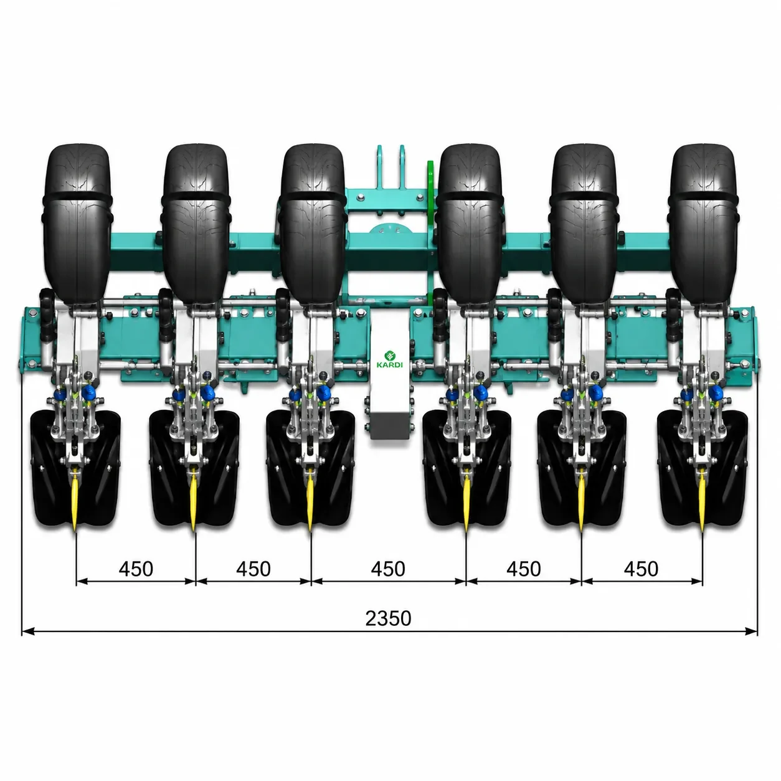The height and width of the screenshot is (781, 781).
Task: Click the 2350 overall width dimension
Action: click(388, 618)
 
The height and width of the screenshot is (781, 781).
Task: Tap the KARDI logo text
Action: click(390, 365)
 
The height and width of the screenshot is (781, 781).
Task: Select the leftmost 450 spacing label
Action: click(136, 569)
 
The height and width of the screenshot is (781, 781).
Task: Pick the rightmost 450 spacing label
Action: click(641, 569)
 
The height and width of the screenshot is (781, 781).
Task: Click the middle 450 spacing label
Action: click(388, 569)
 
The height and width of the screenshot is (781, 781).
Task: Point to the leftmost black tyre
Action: click(77, 224)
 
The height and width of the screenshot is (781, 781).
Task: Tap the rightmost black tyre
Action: click(704, 224)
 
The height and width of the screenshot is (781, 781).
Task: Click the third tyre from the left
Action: click(313, 224)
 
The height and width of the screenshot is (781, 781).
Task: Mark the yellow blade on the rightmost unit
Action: click(703, 501)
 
